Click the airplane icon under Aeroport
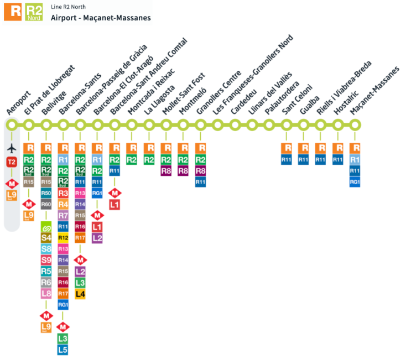(12, 148)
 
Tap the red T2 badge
(12, 162)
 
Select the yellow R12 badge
(63, 237)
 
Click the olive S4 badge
(46, 238)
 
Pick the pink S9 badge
(46, 260)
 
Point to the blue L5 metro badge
(63, 349)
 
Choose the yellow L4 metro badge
(80, 294)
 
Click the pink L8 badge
(46, 294)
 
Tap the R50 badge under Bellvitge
(46, 193)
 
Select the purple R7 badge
(63, 215)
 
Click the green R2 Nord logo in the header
(34, 12)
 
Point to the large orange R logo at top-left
(13, 12)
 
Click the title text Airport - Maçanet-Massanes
(101, 18)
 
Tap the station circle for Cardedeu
(235, 126)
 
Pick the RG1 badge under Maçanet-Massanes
(356, 182)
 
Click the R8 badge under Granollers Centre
(201, 171)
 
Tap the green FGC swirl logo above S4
(46, 227)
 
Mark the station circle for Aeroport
(12, 126)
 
